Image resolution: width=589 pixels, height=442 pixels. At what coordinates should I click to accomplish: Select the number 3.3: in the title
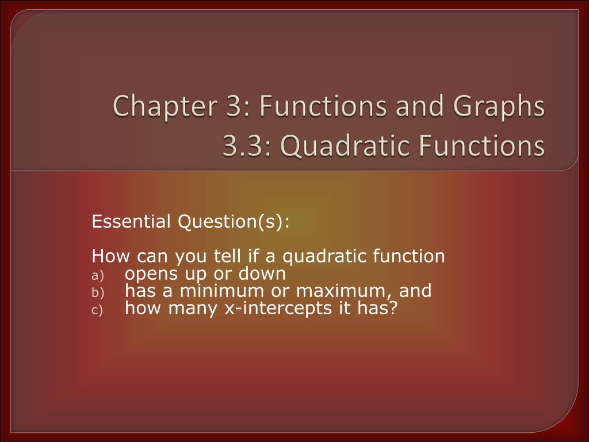[x=242, y=146]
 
